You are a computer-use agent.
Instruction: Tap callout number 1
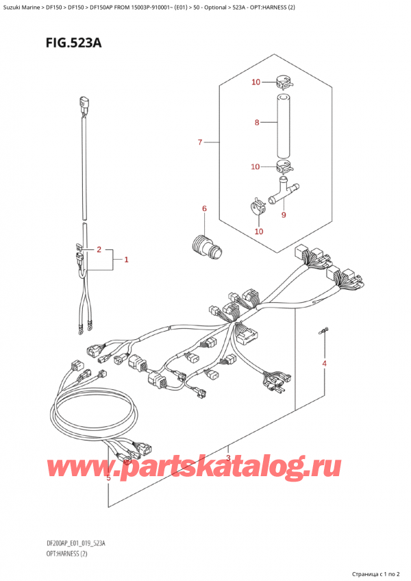(x=127, y=260)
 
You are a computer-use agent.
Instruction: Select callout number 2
(x=99, y=249)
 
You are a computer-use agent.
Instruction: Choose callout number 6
(x=200, y=143)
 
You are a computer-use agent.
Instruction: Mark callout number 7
(x=256, y=123)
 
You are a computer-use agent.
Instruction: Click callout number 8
(x=283, y=215)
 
